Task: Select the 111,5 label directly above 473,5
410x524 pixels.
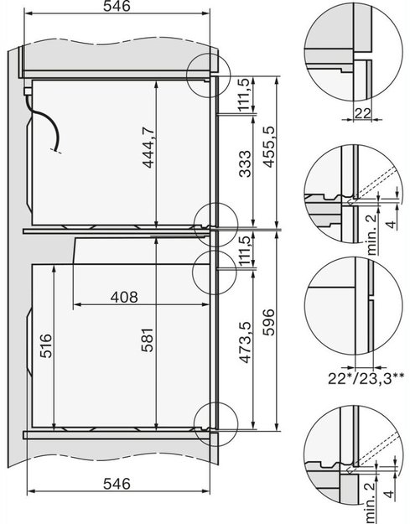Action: click(x=243, y=250)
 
